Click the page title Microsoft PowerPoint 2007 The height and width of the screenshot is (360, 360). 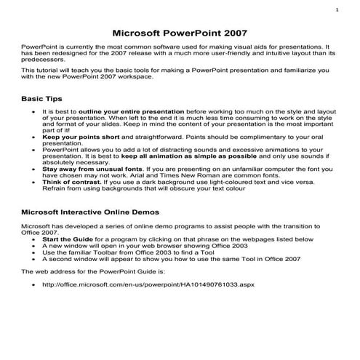coord(180,33)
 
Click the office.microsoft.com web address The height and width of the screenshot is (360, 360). coord(149,284)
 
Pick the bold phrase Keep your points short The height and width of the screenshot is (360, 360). coord(77,137)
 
